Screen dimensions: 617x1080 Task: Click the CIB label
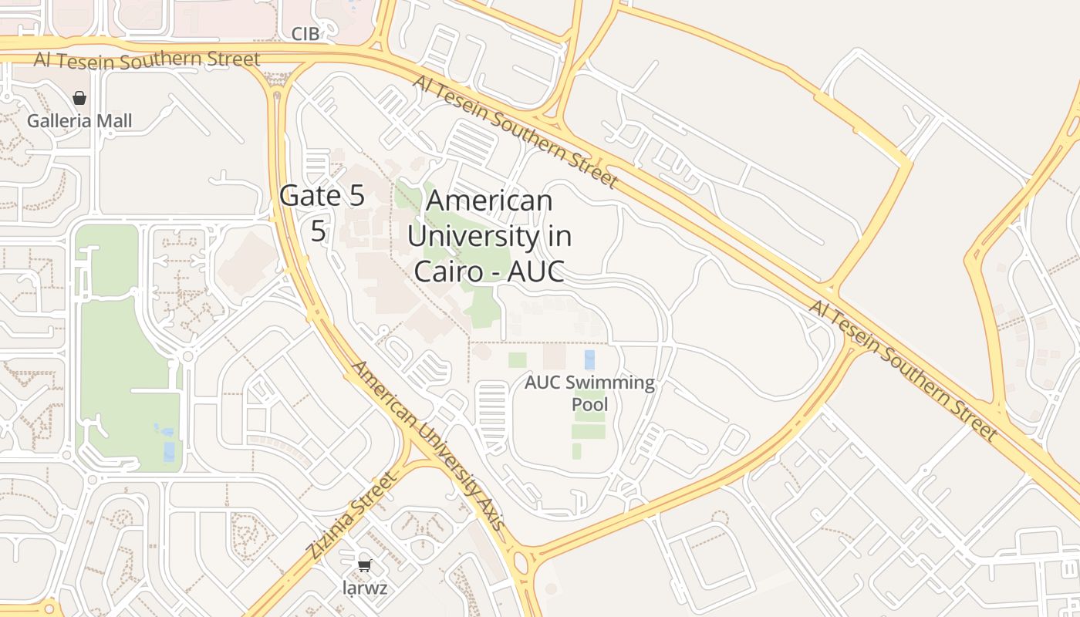tap(305, 33)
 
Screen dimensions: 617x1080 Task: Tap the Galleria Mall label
tap(79, 121)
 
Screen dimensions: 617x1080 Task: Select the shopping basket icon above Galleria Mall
tap(79, 98)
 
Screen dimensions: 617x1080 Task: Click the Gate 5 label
tap(322, 196)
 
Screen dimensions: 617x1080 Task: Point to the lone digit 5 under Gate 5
tap(319, 231)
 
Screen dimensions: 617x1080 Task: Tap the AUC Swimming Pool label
tap(589, 393)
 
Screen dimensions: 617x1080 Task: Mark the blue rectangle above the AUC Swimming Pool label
tap(590, 359)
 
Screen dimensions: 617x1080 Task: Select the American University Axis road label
tap(427, 446)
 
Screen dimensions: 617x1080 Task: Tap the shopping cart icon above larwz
tap(365, 565)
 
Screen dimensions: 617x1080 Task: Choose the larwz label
tap(365, 588)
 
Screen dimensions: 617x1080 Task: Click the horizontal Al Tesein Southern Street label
tap(147, 59)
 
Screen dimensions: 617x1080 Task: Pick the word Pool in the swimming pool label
tap(589, 405)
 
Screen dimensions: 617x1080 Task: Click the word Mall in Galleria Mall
tap(114, 121)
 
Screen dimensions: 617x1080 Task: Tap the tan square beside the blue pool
tap(554, 356)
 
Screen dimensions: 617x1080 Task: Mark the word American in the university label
tap(489, 201)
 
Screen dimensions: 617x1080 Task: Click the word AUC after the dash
tap(532, 271)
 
